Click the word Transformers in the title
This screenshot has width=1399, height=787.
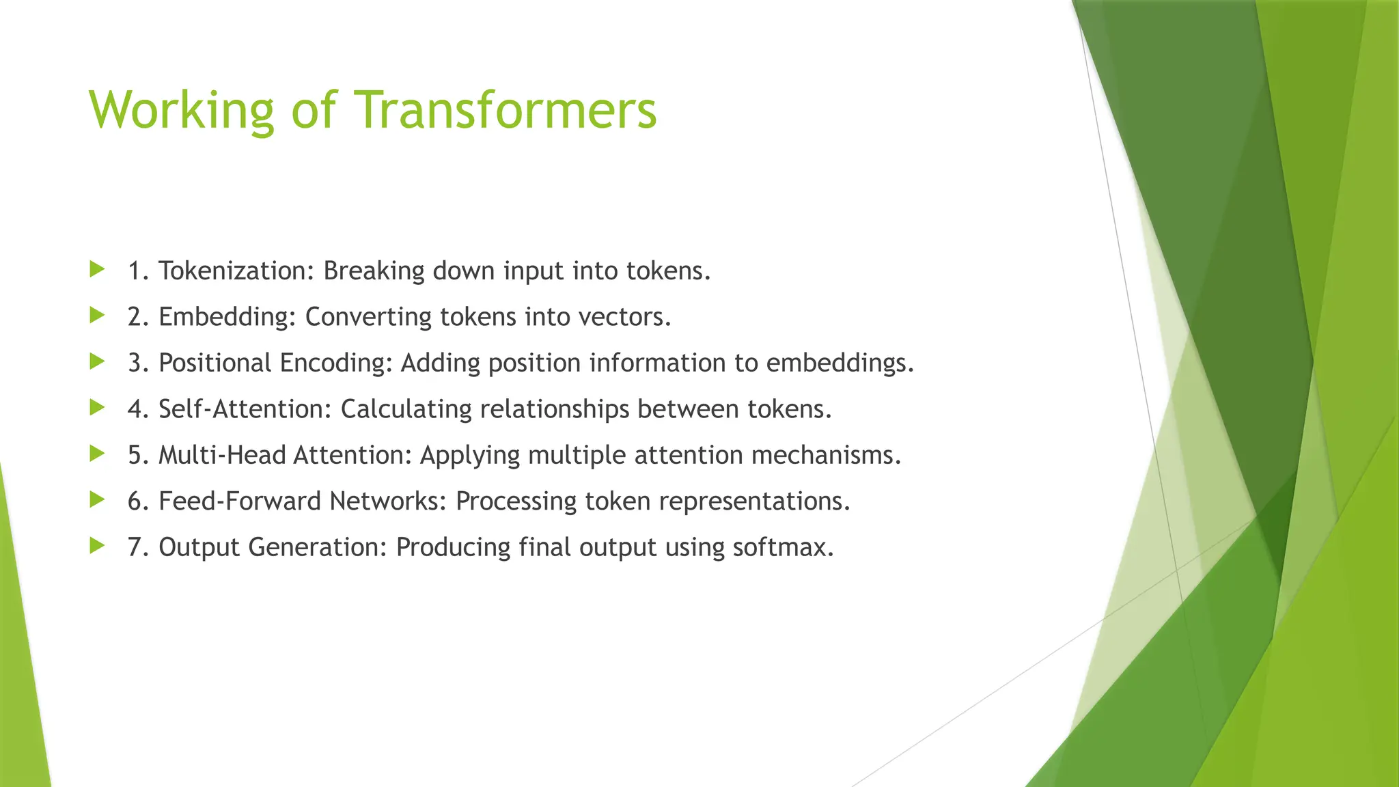[505, 109]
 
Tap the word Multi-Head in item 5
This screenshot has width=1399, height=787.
[222, 455]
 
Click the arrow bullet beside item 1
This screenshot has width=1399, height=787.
[97, 269]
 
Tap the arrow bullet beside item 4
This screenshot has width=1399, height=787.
[97, 407]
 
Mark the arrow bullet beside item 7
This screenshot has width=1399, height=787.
[97, 545]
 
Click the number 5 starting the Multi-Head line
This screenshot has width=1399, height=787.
[135, 455]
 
